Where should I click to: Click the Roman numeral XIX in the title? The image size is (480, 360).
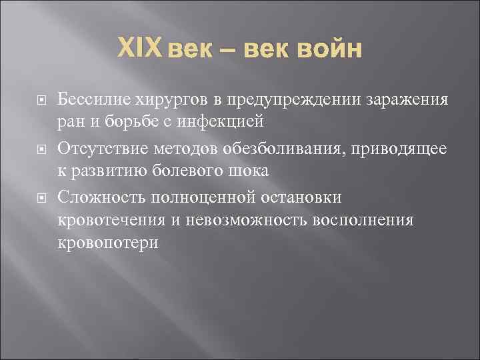(139, 49)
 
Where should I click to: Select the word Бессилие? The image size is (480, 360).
(95, 100)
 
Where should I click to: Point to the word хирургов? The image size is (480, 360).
(169, 100)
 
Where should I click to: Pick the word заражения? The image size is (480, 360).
(408, 100)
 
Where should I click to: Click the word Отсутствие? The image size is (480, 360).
(99, 147)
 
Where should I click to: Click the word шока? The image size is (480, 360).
(251, 171)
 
